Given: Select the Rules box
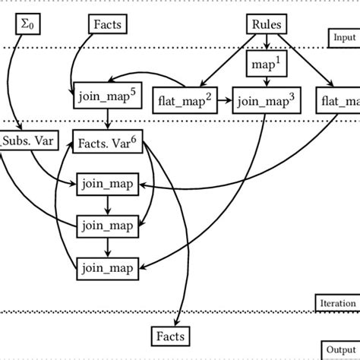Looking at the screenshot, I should click(x=266, y=25).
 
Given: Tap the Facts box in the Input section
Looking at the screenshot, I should click(x=107, y=25).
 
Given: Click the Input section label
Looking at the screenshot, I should click(x=343, y=37).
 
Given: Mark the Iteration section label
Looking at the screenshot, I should click(x=336, y=304).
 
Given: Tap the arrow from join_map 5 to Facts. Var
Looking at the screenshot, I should click(x=107, y=120).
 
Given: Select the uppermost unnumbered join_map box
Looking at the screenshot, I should click(x=107, y=183).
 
